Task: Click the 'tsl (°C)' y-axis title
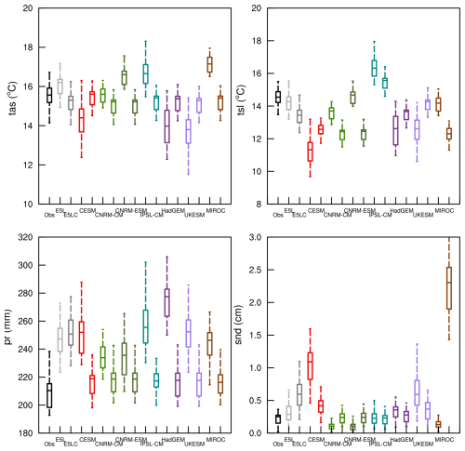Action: pyautogui.click(x=245, y=106)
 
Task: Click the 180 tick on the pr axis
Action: pyautogui.click(x=28, y=432)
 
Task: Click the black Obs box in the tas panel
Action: pyautogui.click(x=49, y=95)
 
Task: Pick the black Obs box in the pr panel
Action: pyautogui.click(x=49, y=395)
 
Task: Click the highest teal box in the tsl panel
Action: pyautogui.click(x=374, y=68)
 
